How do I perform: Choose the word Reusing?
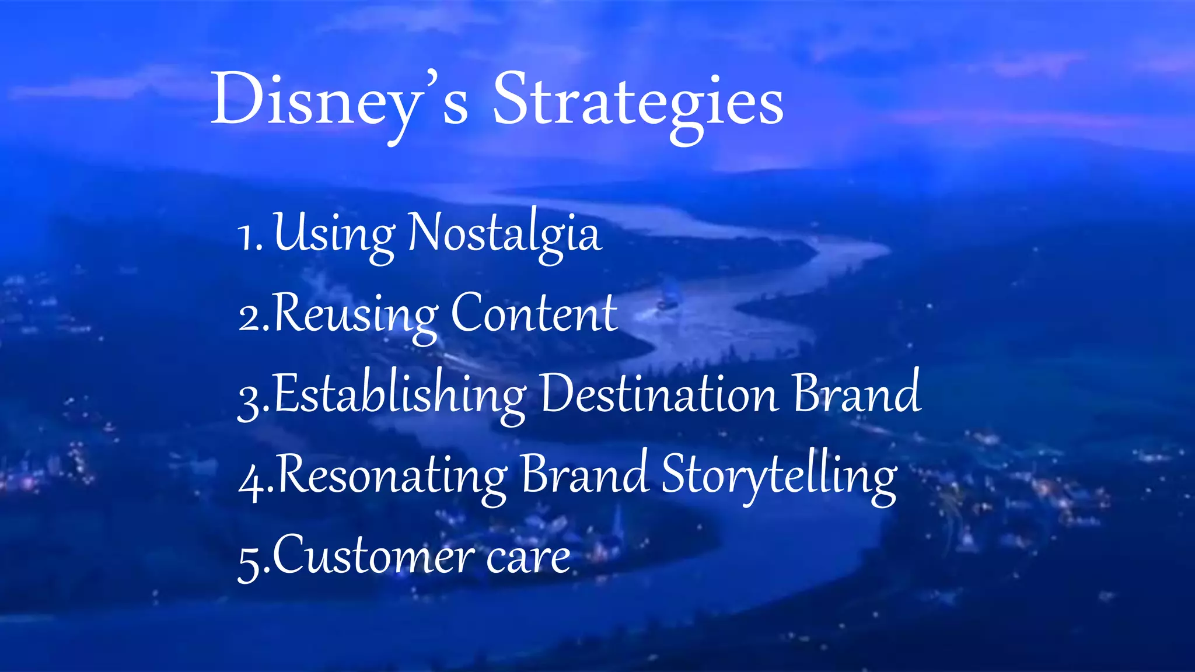point(355,316)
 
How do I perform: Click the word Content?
point(533,314)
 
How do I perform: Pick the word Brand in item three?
point(857,394)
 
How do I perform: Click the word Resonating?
point(391,476)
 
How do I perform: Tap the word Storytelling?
point(778,476)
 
